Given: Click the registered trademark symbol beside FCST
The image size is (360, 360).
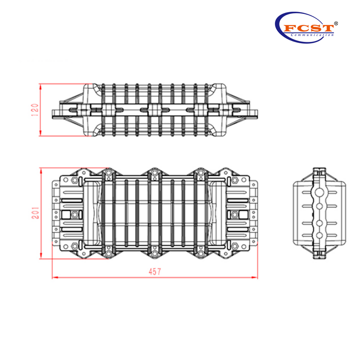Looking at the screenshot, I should point(336,22).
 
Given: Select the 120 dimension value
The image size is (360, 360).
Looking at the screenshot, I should point(36,109).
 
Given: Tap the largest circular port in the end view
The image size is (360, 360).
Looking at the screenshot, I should point(319,192).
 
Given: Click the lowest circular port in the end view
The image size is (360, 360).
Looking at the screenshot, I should point(319,235).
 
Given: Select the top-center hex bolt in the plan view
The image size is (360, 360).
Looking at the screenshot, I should point(154,174).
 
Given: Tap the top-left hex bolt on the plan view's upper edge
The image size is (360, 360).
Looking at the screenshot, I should point(108,174).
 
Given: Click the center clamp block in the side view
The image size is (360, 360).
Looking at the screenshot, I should point(154,109).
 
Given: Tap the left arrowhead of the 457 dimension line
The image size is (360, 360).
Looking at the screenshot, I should point(54,277).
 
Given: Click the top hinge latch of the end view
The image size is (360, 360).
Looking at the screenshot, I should point(319,171).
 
